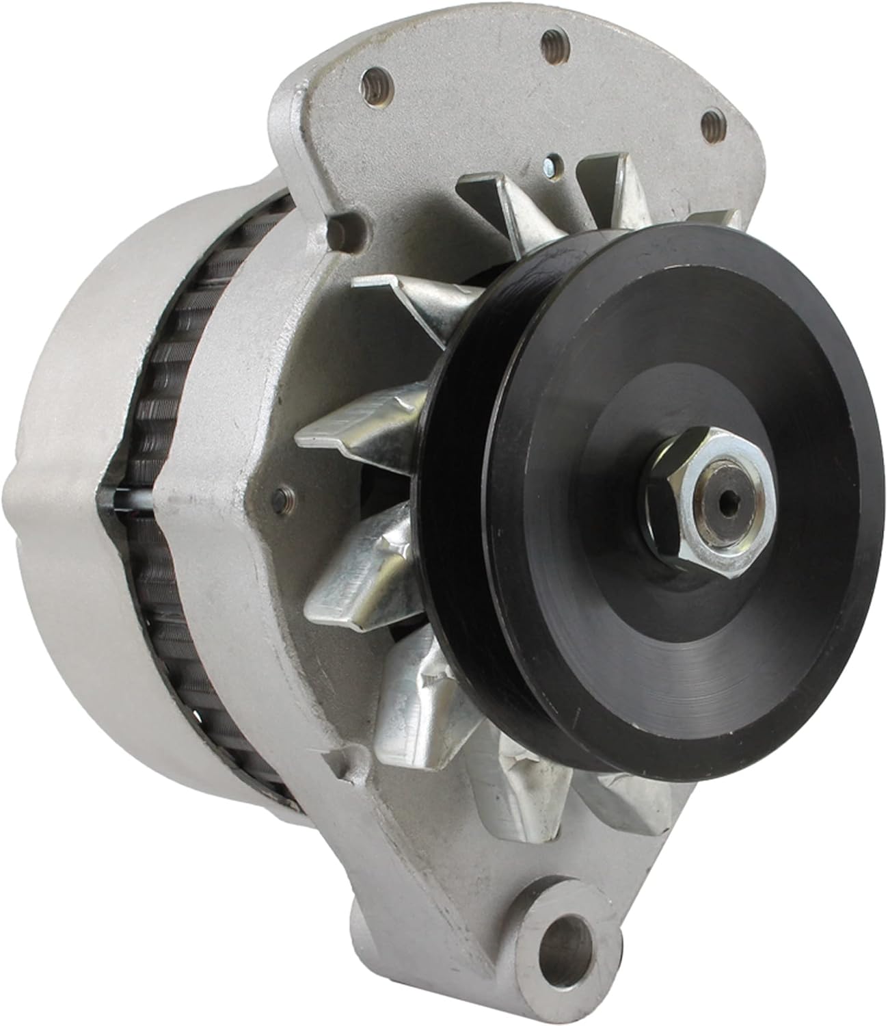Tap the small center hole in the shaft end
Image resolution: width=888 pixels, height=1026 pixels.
click(x=712, y=486)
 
